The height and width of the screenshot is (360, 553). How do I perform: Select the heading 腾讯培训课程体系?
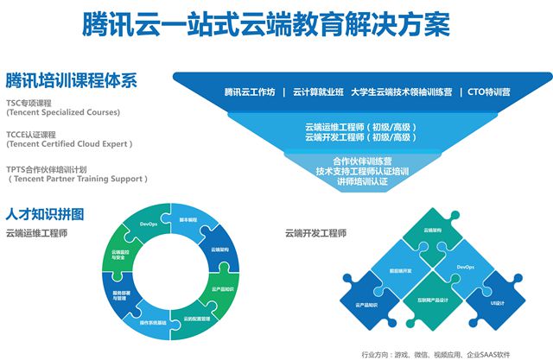[x=72, y=81]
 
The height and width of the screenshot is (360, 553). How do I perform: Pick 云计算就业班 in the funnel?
[x=318, y=92]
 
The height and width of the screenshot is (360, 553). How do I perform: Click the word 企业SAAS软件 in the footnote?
[x=497, y=351]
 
